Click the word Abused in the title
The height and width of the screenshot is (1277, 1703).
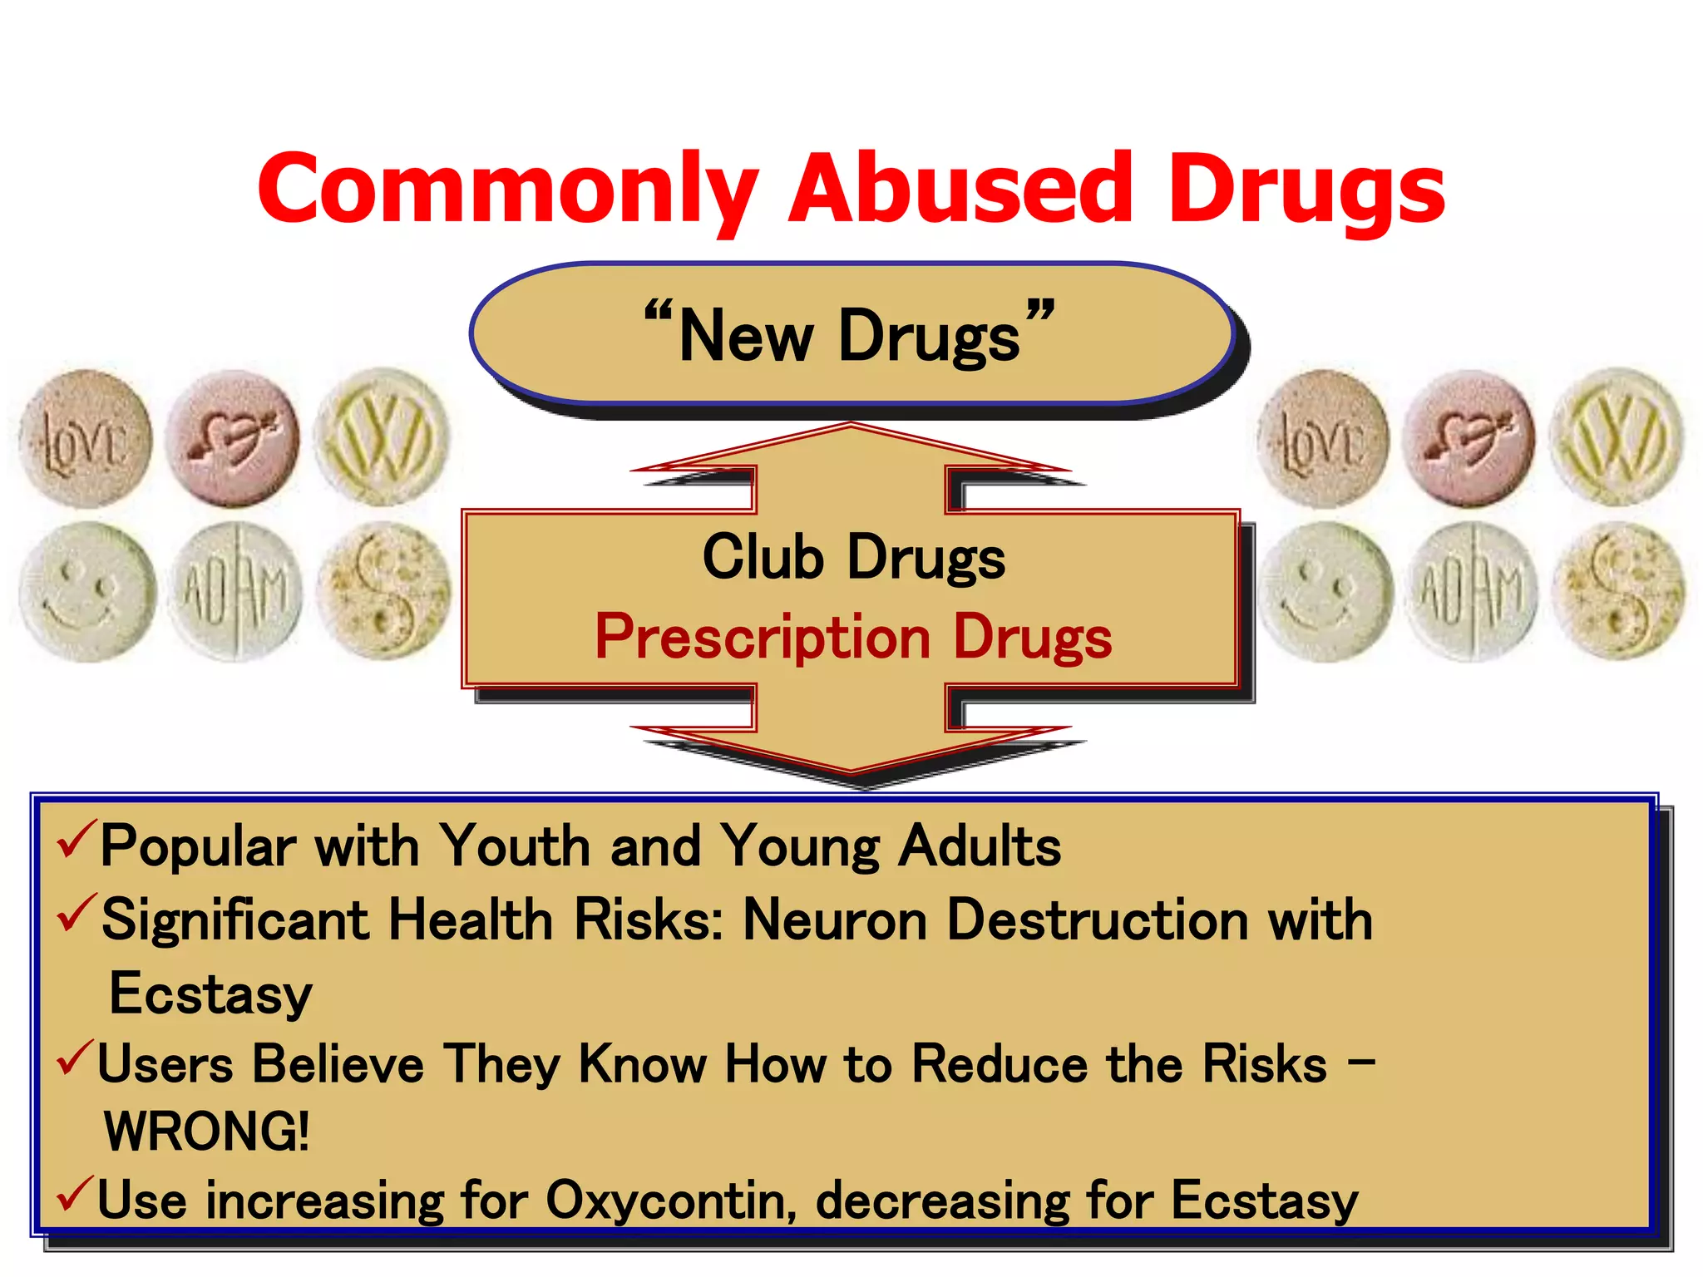coord(960,189)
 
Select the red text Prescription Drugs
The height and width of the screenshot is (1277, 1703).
coord(853,637)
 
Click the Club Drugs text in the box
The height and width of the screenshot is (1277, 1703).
coord(853,557)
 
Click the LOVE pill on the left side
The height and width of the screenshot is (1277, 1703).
coord(85,439)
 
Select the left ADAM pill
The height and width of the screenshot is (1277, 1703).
coord(236,592)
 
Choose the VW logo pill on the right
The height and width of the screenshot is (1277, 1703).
coord(1617,437)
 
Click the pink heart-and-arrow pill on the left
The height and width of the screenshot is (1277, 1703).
coord(233,438)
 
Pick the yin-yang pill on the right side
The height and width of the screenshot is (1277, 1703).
coord(1618,592)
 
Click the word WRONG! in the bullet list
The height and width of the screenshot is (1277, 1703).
coord(207,1132)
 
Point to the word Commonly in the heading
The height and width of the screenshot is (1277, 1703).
coord(508,189)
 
